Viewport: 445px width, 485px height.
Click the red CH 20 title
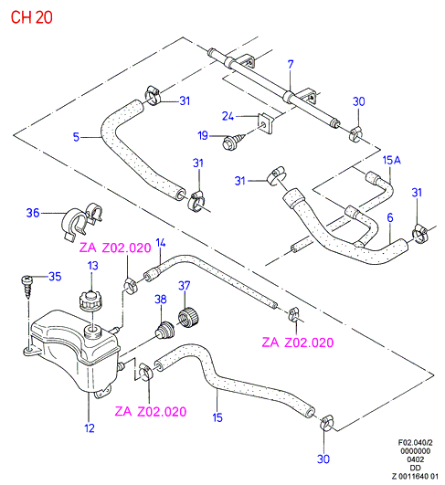pyautogui.click(x=32, y=17)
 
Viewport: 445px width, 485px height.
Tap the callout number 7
pyautogui.click(x=291, y=64)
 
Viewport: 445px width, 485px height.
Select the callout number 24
pyautogui.click(x=228, y=116)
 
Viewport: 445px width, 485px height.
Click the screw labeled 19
pyautogui.click(x=234, y=141)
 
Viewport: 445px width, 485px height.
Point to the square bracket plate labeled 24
pyautogui.click(x=266, y=123)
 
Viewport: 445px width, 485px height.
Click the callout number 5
pyautogui.click(x=76, y=137)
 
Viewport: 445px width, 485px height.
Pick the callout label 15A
pyautogui.click(x=392, y=160)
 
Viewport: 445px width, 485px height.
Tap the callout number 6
pyautogui.click(x=390, y=217)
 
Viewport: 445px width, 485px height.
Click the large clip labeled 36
pyautogui.click(x=82, y=221)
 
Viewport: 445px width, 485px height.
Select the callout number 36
pyautogui.click(x=33, y=213)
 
